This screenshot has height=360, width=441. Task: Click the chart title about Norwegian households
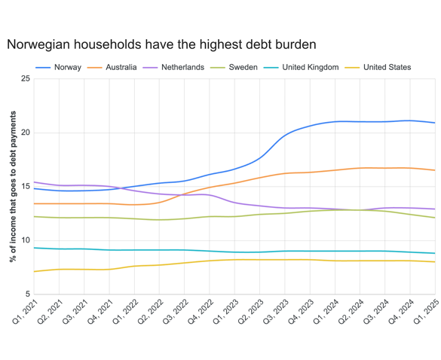pyautogui.click(x=161, y=44)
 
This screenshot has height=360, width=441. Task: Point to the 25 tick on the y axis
pyautogui.click(x=26, y=79)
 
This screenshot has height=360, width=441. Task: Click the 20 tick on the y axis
pyautogui.click(x=26, y=133)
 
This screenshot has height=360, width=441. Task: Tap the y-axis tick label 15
pyautogui.click(x=26, y=187)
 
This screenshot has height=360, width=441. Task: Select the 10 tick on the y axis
pyautogui.click(x=26, y=241)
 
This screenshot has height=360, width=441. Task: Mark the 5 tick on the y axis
pyautogui.click(x=28, y=294)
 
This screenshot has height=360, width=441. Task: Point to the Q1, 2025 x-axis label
pyautogui.click(x=426, y=313)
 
